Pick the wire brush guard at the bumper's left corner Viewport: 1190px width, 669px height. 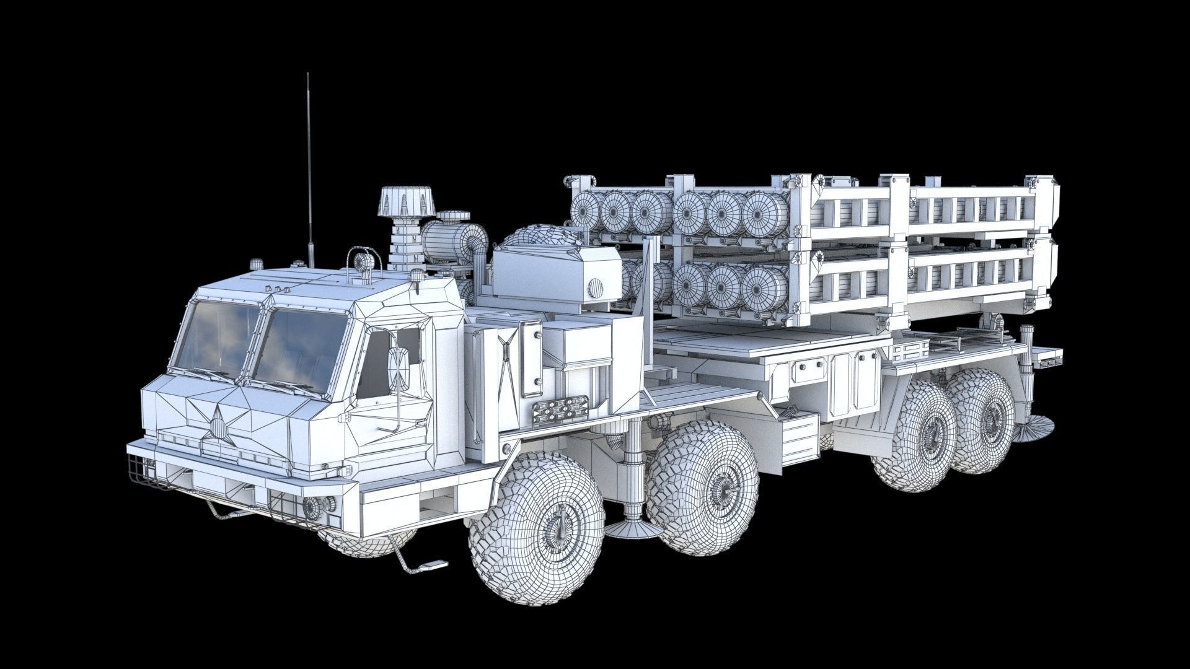[144, 471]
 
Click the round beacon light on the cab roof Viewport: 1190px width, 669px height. [364, 261]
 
